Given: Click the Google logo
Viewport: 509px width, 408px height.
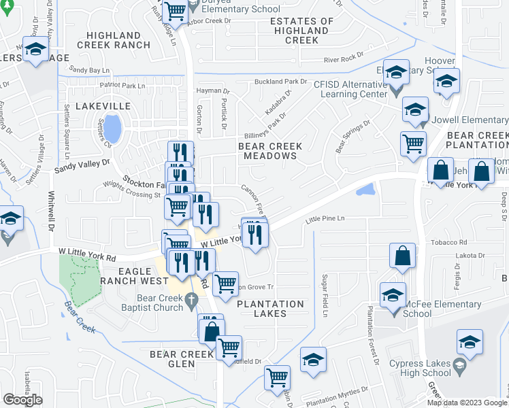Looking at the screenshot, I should [22, 400].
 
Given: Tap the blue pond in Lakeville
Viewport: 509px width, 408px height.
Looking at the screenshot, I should [114, 126].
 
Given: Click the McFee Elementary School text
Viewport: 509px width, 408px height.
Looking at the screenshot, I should [436, 309].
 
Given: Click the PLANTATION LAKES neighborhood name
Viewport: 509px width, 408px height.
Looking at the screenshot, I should [271, 309].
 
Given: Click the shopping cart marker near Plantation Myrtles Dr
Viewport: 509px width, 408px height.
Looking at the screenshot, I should [277, 377].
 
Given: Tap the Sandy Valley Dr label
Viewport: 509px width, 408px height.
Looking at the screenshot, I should [82, 164].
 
